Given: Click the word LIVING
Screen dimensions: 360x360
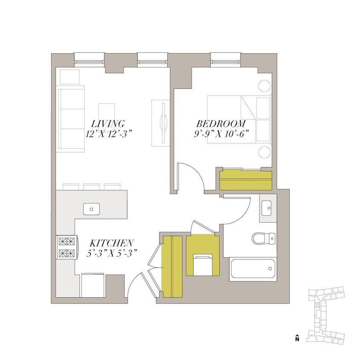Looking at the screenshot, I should [110, 123].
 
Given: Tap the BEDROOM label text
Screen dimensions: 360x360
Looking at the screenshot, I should [221, 123].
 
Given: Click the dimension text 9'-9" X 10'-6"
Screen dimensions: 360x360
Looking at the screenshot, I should [221, 133].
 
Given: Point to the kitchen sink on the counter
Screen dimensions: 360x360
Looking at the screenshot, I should [91, 209].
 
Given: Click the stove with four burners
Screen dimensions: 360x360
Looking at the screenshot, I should [67, 247].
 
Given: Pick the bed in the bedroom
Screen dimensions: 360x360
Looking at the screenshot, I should [239, 119].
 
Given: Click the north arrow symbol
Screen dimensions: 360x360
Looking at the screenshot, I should [297, 338].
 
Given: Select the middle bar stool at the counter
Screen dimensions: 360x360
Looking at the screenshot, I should [91, 186].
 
